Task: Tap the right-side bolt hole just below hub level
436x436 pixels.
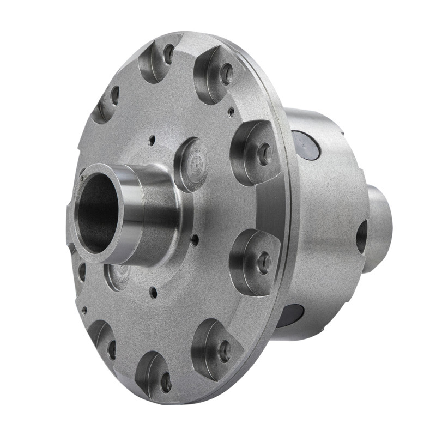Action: pos(264,263)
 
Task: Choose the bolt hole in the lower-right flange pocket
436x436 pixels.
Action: pos(225,351)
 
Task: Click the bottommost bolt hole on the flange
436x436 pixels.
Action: pos(166,381)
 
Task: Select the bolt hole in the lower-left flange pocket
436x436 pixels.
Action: pos(112,349)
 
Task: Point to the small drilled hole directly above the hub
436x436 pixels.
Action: pos(152,140)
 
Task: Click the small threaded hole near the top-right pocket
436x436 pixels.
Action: pos(231,111)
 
